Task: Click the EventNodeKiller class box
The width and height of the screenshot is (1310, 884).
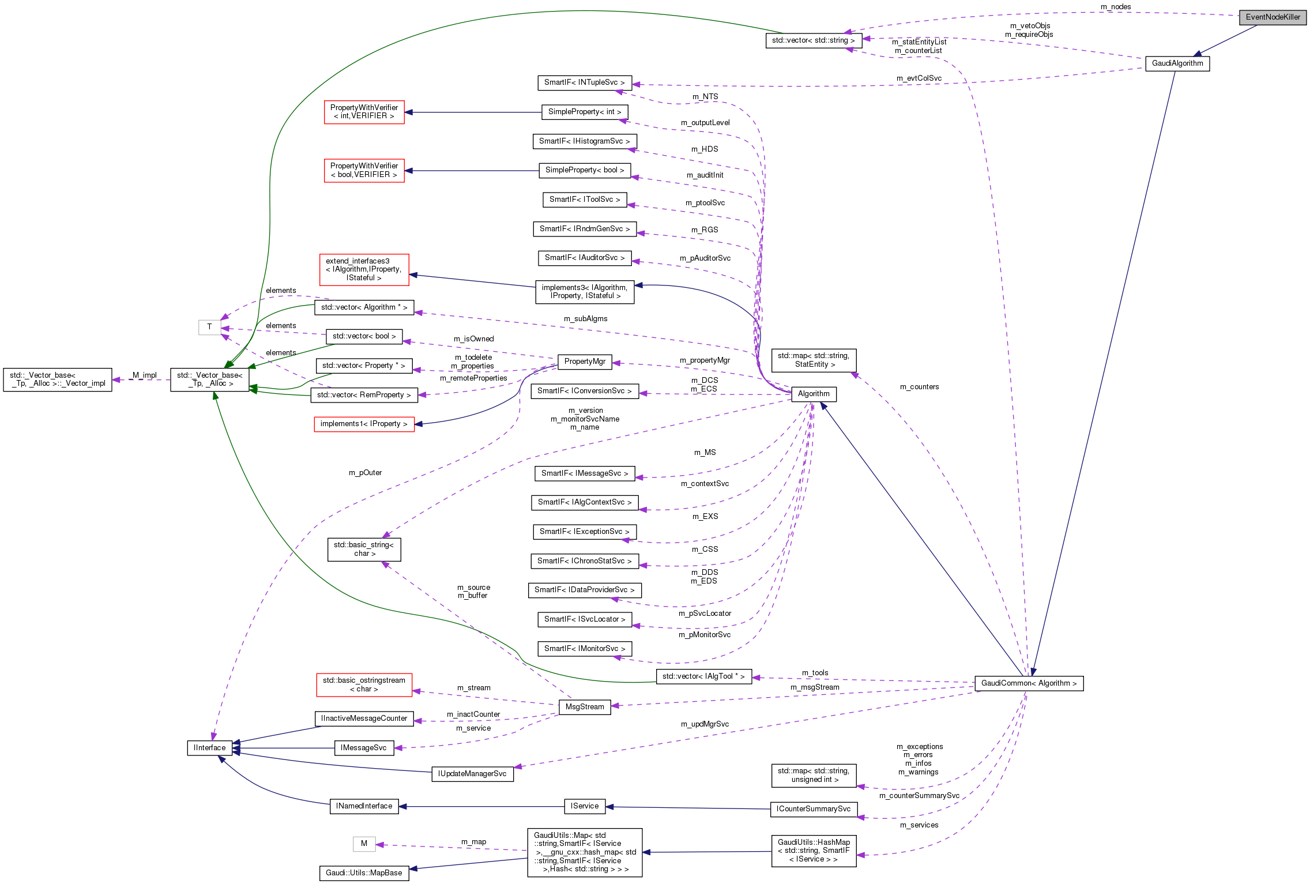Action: coord(1273,17)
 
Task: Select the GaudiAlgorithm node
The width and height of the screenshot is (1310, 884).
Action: coord(1177,63)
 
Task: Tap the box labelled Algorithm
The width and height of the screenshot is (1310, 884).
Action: coord(814,394)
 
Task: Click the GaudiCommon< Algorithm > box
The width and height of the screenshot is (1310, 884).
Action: coord(1029,683)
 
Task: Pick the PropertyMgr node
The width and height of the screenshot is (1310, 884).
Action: coord(585,362)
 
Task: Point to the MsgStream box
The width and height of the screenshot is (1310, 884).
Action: coord(585,707)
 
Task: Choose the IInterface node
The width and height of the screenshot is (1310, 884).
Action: coord(209,748)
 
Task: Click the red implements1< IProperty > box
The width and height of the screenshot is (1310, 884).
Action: coord(364,424)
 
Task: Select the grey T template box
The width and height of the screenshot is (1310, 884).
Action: coord(209,327)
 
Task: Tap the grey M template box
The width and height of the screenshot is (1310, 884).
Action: coord(364,844)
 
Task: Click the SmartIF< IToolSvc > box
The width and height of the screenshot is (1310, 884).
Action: coord(585,200)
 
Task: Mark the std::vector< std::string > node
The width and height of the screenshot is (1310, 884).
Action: coord(813,40)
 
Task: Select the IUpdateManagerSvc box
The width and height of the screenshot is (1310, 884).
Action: coord(472,774)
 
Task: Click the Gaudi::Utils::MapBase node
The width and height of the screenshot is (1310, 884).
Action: coord(364,873)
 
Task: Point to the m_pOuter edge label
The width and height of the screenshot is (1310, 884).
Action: coord(365,473)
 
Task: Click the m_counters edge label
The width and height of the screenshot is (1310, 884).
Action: coord(919,387)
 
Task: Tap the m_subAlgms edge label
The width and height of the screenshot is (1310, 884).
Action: coord(585,319)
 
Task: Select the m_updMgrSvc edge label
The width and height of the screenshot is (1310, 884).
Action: coord(705,724)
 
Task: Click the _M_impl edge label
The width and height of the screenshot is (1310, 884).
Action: coord(144,375)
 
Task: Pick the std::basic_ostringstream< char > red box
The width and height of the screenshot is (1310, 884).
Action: coord(364,684)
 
